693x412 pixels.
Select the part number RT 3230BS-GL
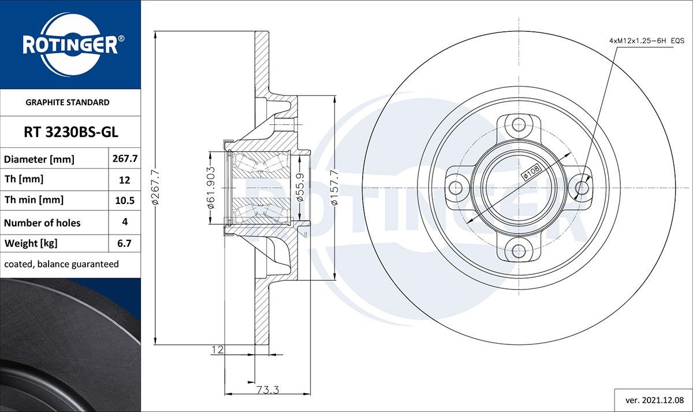tap(71, 132)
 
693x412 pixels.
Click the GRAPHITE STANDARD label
tap(68, 102)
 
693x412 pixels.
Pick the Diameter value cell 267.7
tap(125, 158)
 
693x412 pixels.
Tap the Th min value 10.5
tap(125, 201)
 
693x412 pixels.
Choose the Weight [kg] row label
tap(31, 244)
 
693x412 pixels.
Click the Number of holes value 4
tap(125, 222)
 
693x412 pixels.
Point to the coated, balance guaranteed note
tap(62, 264)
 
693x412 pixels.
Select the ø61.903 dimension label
tap(211, 188)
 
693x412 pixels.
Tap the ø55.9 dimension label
tap(300, 187)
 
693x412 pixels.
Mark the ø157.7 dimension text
tap(334, 188)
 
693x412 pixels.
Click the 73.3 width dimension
tap(268, 389)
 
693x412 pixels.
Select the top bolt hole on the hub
tap(519, 125)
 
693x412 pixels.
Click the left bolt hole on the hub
tap(456, 188)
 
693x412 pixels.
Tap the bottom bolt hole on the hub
tap(519, 251)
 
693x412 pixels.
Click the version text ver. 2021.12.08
tap(655, 400)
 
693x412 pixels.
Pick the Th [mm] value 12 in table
tap(124, 180)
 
